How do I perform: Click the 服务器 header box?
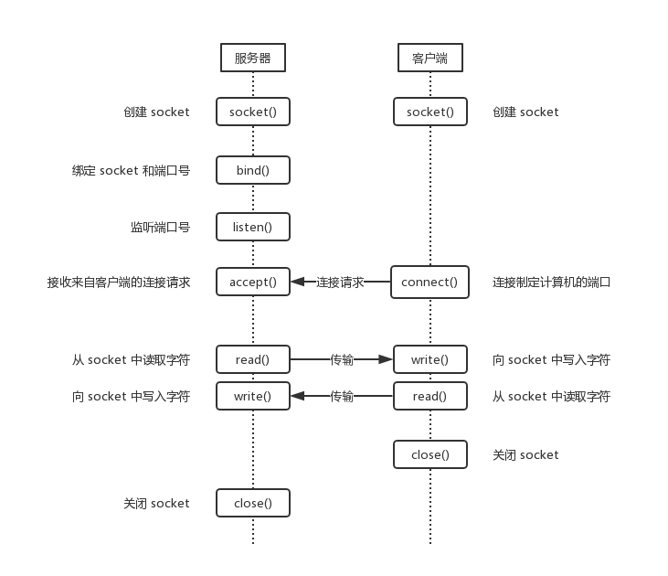point(253,58)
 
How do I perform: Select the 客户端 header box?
point(429,58)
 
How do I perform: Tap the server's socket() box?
point(253,112)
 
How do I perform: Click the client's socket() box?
point(429,112)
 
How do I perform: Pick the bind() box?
point(253,170)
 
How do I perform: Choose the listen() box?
point(253,226)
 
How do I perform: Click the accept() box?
point(253,282)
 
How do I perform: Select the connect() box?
point(429,282)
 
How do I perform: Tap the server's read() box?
point(253,359)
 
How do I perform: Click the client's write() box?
point(429,359)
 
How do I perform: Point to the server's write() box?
point(253,396)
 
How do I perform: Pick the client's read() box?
point(429,396)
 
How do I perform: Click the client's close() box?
point(429,454)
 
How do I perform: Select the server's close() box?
point(253,503)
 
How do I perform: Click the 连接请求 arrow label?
point(340,282)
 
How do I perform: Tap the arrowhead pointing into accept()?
point(298,282)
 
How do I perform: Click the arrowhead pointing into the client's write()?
point(386,359)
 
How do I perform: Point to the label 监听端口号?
point(160,227)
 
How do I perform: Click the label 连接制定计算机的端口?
point(551,282)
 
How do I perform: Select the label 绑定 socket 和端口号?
point(131,170)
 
